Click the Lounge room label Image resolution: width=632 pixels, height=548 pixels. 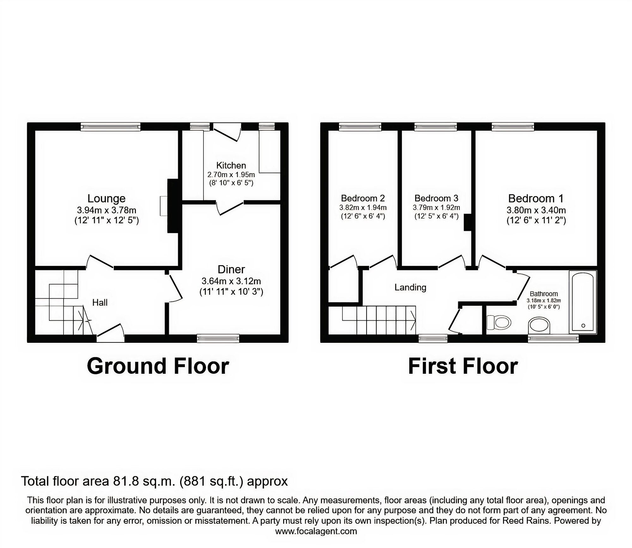pos(106,199)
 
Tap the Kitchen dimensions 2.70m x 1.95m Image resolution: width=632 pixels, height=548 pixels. pos(231,175)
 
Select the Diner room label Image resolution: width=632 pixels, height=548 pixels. pos(231,269)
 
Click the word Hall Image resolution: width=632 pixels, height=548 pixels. pos(100,303)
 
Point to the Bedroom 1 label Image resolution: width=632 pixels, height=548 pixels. pos(536,199)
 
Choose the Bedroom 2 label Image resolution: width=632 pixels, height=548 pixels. pos(363,198)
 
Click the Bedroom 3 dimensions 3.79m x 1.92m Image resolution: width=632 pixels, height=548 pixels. pos(436,208)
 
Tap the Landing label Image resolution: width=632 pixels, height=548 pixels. pos(410,287)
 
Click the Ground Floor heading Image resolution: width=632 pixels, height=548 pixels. pos(158,366)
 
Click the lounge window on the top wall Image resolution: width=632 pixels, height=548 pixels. pos(110,127)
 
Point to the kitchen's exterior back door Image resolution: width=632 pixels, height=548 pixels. pos(227,133)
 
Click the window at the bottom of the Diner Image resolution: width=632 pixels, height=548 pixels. pos(218,339)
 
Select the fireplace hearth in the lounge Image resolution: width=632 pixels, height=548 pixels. pos(163,206)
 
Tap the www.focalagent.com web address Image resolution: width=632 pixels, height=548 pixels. pos(316,531)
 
